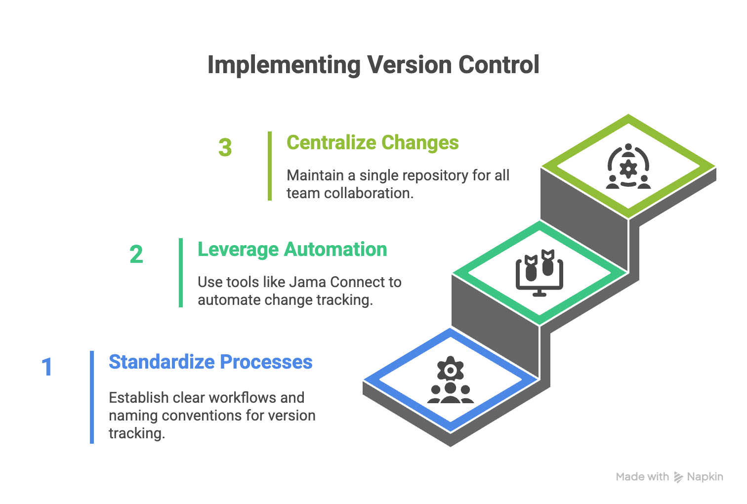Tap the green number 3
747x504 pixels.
tap(225, 148)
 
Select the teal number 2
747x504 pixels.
tap(136, 255)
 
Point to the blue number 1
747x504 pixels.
tap(47, 367)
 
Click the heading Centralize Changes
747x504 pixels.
tap(373, 143)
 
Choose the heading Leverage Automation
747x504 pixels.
tap(292, 250)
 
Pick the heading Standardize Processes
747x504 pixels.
tap(210, 362)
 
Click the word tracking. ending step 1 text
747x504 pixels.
tap(136, 433)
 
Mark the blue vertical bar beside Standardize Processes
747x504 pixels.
tap(92, 397)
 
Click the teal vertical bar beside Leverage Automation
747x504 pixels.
tap(181, 273)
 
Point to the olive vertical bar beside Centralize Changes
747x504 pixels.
tap(270, 166)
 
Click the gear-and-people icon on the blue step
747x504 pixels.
tap(450, 380)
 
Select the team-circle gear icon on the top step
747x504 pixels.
tap(628, 167)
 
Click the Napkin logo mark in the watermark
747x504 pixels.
tap(678, 477)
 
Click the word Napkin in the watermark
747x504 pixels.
tap(705, 477)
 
